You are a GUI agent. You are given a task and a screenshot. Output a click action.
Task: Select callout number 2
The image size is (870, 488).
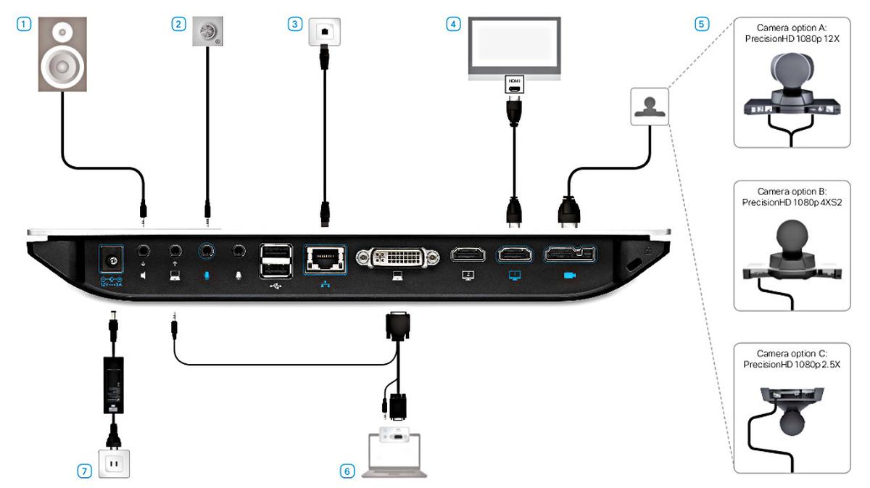click(178, 23)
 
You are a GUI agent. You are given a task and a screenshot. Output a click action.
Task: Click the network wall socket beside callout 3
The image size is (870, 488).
click(323, 31)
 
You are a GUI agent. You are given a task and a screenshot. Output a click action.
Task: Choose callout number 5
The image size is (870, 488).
click(700, 23)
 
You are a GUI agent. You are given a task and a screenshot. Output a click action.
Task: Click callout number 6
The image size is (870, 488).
click(347, 471)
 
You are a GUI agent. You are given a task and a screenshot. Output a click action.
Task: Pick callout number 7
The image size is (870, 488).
click(85, 471)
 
